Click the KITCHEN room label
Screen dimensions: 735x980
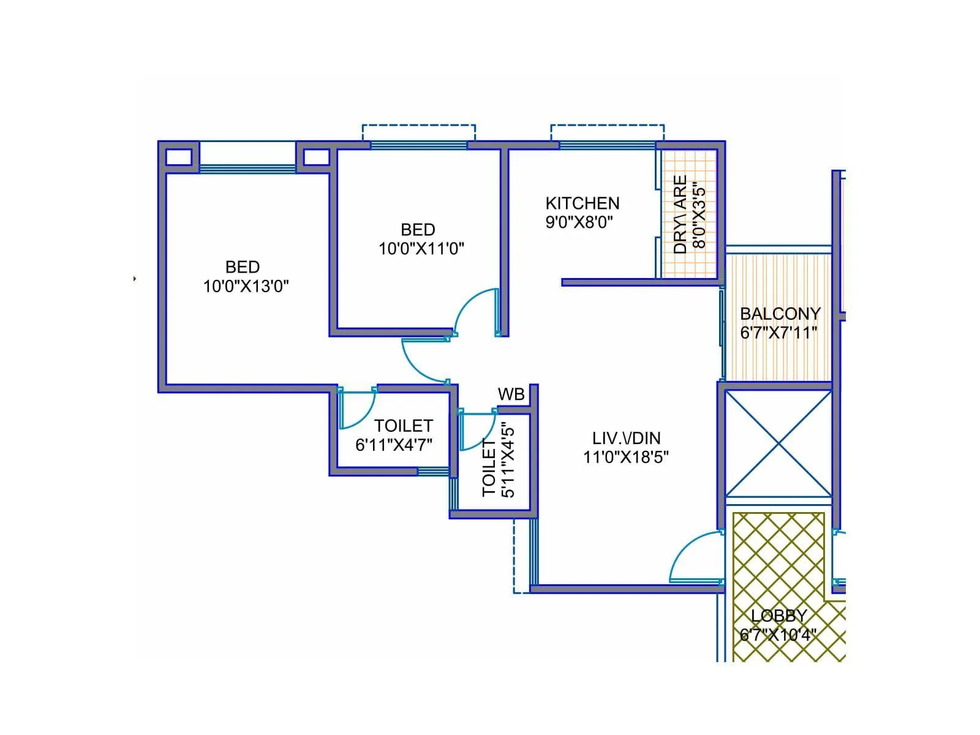[582, 203]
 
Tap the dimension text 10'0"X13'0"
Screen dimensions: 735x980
[246, 286]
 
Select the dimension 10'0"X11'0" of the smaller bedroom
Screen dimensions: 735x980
[421, 249]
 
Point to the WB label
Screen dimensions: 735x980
[511, 394]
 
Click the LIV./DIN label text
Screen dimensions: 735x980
[626, 439]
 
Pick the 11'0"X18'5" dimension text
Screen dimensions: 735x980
[626, 458]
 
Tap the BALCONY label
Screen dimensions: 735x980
[780, 314]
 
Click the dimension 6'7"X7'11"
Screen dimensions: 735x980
[778, 333]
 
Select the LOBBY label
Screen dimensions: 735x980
[778, 616]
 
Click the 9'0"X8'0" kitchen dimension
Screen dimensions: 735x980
[579, 222]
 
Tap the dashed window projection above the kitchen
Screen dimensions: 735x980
[607, 132]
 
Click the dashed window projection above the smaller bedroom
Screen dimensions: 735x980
[418, 132]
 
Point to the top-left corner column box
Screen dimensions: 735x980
[179, 157]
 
